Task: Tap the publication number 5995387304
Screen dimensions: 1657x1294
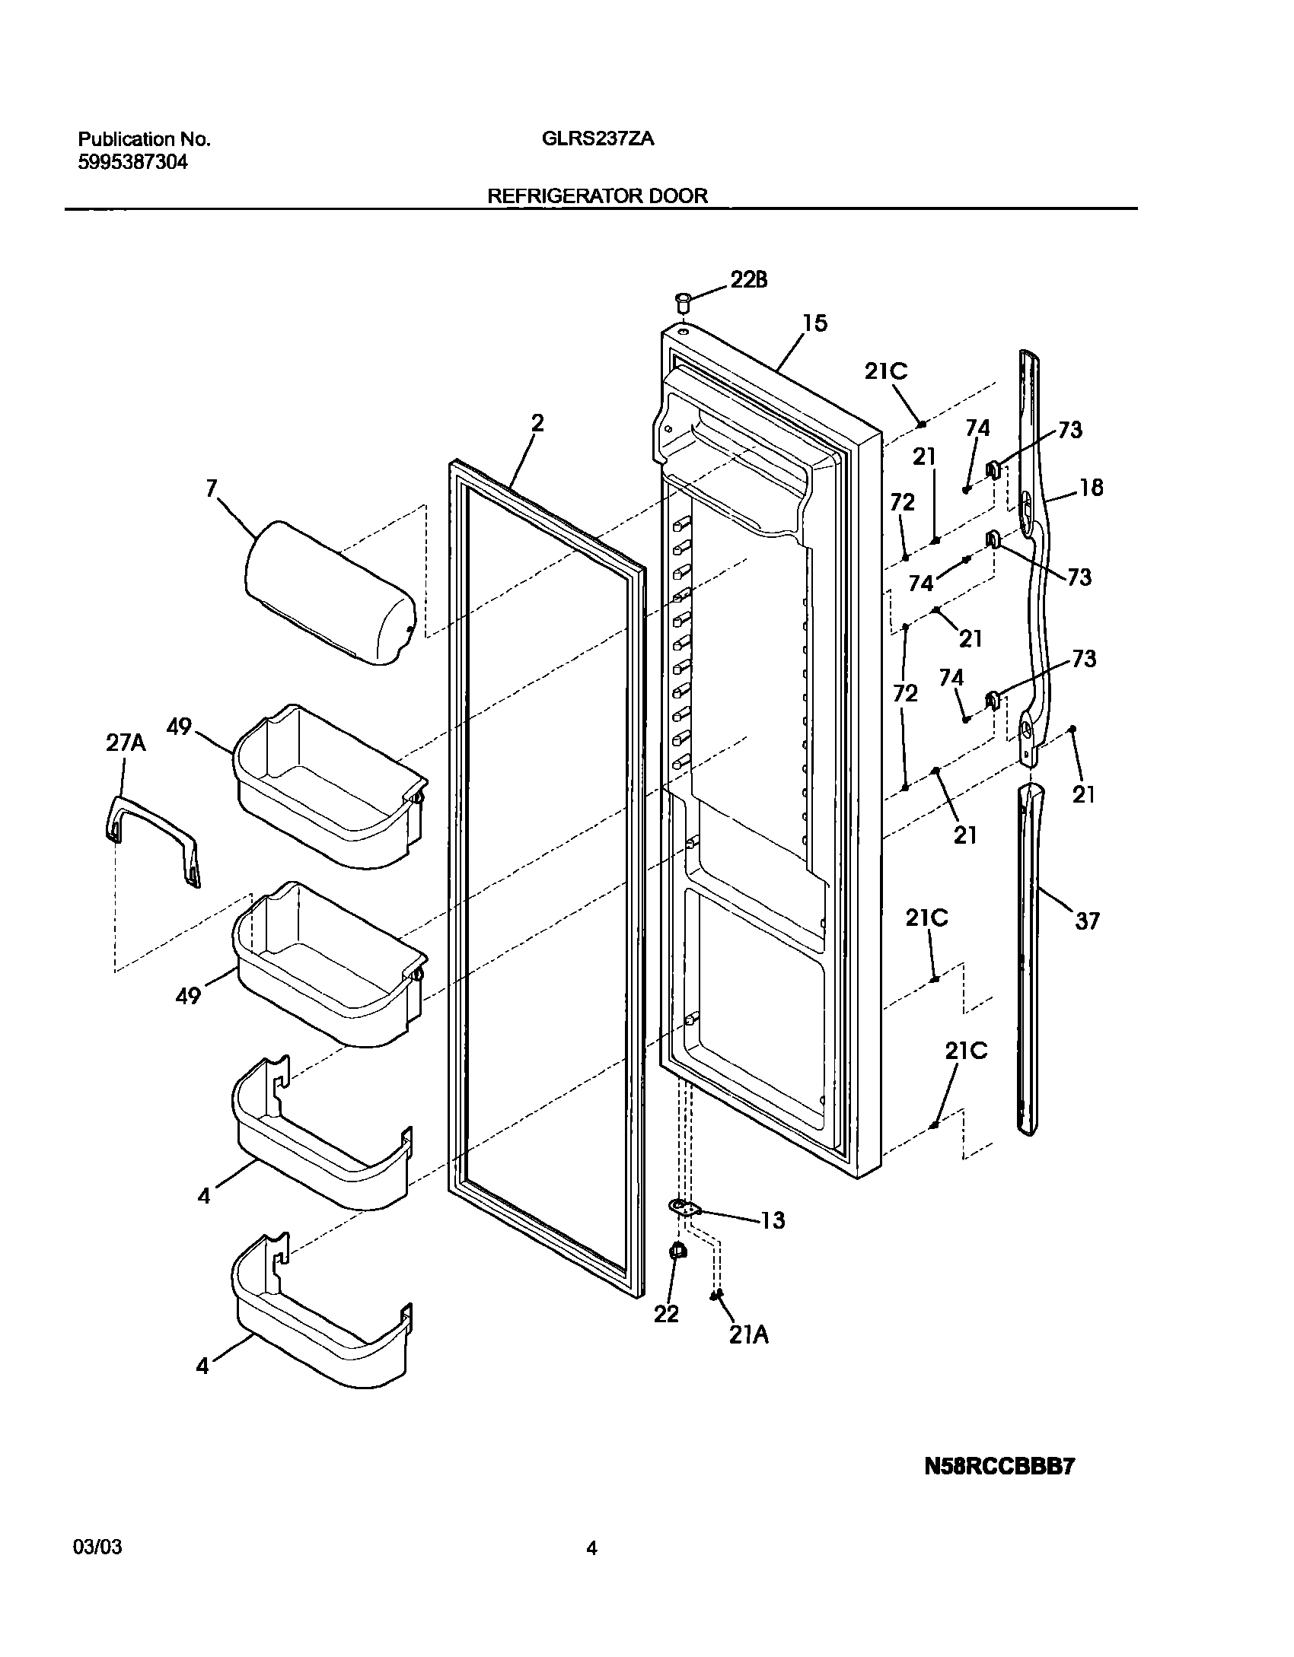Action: pyautogui.click(x=132, y=162)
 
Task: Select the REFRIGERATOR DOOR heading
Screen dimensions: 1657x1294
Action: pyautogui.click(x=597, y=196)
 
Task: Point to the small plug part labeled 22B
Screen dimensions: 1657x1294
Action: pyautogui.click(x=683, y=300)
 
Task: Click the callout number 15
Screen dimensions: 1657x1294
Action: pyautogui.click(x=814, y=323)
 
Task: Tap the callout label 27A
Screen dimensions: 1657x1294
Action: pyautogui.click(x=126, y=743)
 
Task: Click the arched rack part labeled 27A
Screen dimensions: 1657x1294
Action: pyautogui.click(x=153, y=837)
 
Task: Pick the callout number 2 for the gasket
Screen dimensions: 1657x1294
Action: pyautogui.click(x=537, y=423)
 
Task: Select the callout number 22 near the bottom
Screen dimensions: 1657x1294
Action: pyautogui.click(x=666, y=1314)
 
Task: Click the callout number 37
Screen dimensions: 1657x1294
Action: pyautogui.click(x=1087, y=921)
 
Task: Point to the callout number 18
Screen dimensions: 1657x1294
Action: pyautogui.click(x=1091, y=488)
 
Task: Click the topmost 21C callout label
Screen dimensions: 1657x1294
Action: pyautogui.click(x=885, y=371)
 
